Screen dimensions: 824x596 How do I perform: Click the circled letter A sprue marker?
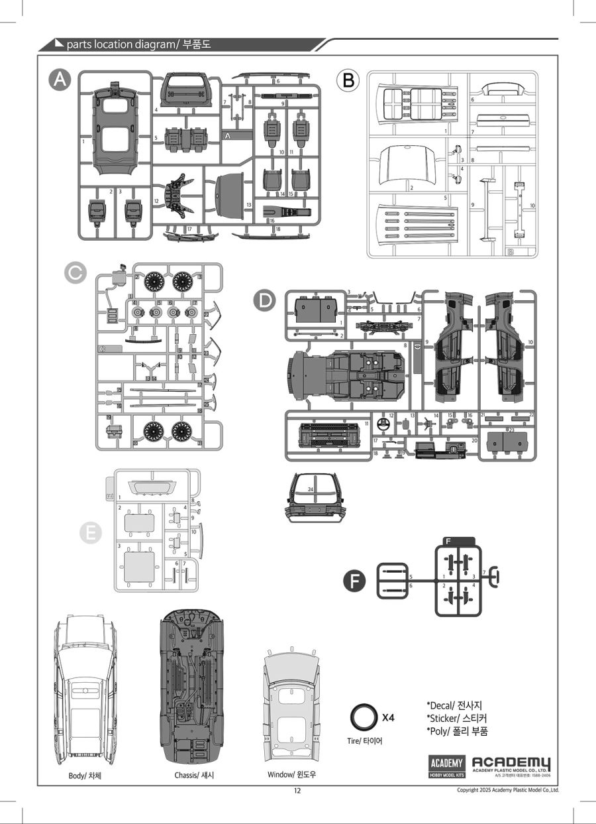pyautogui.click(x=60, y=80)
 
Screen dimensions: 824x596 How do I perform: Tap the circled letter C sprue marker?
pyautogui.click(x=75, y=271)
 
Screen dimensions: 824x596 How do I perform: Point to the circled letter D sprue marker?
pyautogui.click(x=265, y=300)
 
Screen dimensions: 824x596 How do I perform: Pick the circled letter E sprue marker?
pyautogui.click(x=89, y=532)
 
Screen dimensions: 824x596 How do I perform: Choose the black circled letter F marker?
pyautogui.click(x=355, y=581)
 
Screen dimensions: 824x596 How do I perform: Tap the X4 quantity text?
pyautogui.click(x=388, y=718)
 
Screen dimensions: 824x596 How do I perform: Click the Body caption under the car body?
pyautogui.click(x=85, y=775)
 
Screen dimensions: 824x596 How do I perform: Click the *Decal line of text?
pyautogui.click(x=458, y=705)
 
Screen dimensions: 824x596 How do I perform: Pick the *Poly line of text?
pyautogui.click(x=458, y=731)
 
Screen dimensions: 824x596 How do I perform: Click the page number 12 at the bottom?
pyautogui.click(x=297, y=790)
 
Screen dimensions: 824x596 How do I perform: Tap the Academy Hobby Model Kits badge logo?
pyautogui.click(x=447, y=766)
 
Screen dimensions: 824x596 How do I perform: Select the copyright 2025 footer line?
pyautogui.click(x=508, y=790)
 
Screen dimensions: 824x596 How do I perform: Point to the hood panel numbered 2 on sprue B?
pyautogui.click(x=407, y=168)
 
